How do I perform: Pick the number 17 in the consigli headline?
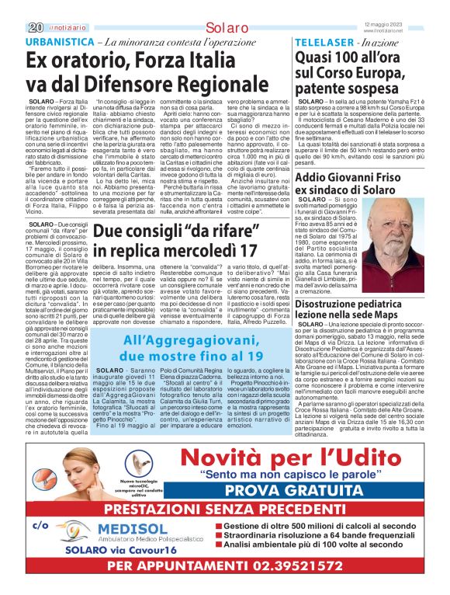click(x=264, y=251)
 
